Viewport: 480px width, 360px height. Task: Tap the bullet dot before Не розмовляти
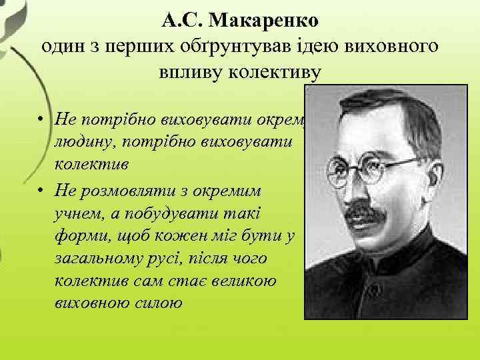(41, 191)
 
